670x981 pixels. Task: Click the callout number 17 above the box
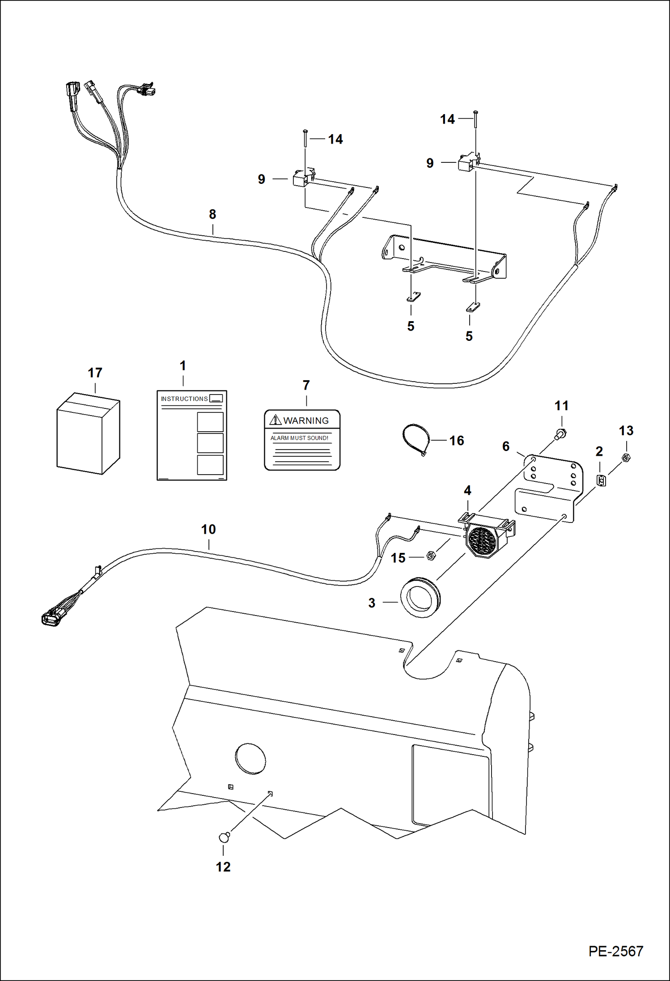pos(95,373)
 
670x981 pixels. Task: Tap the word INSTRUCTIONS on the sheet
pos(184,399)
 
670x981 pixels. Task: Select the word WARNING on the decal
pos(306,420)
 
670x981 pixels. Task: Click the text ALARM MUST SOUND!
pos(299,438)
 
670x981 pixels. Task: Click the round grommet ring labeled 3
pos(420,597)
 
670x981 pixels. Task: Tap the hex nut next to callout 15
pos(431,556)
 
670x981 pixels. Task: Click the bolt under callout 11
pos(561,433)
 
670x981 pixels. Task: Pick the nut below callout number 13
pos(626,458)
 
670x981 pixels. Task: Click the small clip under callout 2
pos(602,480)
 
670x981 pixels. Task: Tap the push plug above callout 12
pos(225,837)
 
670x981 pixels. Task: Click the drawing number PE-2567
pos(615,951)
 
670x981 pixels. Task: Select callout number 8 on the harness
pos(212,214)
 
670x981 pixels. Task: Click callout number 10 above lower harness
pos(208,529)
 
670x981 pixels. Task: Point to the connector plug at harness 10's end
pos(51,619)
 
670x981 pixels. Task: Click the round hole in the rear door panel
pos(250,759)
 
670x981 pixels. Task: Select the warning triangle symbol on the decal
pos(276,420)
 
